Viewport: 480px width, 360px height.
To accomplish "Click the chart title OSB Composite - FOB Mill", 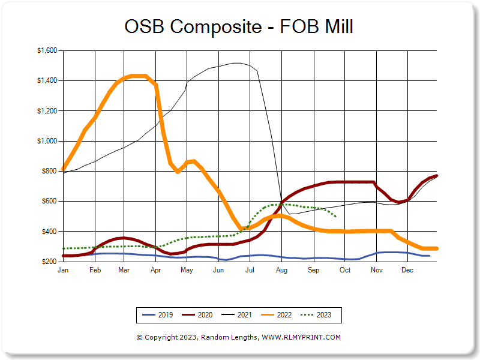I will [x=239, y=26].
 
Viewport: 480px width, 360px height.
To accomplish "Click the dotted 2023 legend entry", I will [x=317, y=314].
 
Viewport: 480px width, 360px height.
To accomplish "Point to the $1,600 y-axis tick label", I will [x=46, y=51].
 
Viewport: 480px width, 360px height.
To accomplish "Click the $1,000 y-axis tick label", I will [x=46, y=141].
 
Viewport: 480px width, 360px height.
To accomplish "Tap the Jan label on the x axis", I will [x=62, y=271].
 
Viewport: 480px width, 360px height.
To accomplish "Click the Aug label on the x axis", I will [x=281, y=271].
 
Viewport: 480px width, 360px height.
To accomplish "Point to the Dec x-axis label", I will [x=407, y=271].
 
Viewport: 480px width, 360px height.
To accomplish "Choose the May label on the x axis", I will [x=187, y=271].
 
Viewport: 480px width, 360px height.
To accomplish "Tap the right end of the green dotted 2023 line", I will [x=335, y=216].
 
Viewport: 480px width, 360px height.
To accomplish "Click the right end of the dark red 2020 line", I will [x=437, y=175].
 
